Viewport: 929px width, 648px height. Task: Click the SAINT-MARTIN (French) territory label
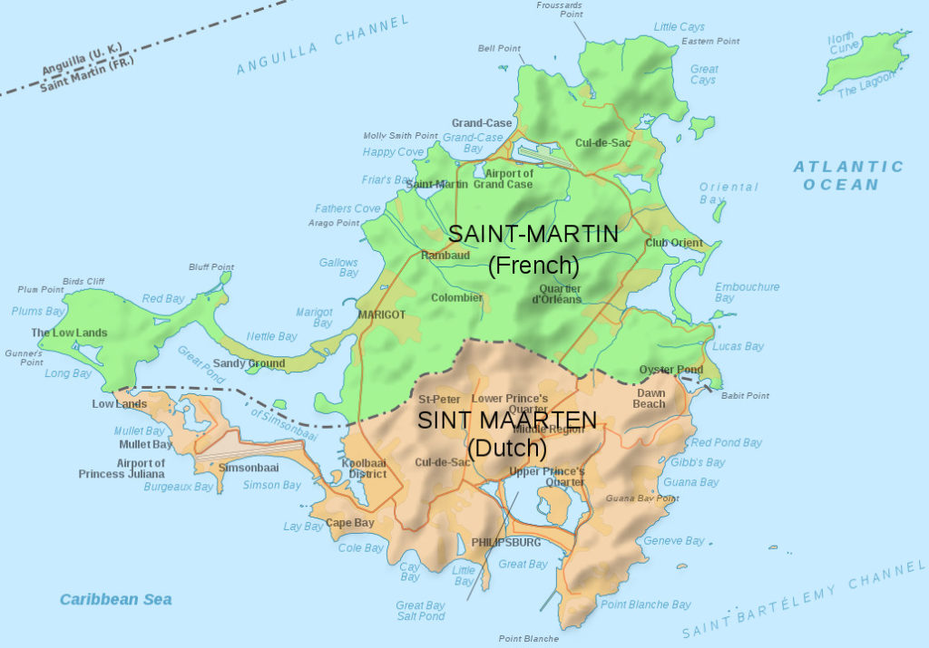(x=533, y=249)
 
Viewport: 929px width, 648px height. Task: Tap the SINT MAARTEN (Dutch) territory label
(x=506, y=433)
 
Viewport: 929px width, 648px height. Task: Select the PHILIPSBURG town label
(x=505, y=542)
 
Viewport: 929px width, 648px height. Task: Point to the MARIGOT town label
(x=381, y=314)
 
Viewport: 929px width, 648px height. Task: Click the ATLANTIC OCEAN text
(x=848, y=175)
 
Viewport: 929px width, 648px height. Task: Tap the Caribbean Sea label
(x=115, y=599)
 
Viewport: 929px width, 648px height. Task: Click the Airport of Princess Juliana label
(x=122, y=469)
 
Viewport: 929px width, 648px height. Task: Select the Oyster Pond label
(x=670, y=370)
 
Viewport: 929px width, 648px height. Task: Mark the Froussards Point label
(x=559, y=10)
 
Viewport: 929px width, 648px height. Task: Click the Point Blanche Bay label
(x=646, y=604)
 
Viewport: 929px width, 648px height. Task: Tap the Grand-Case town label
(x=482, y=123)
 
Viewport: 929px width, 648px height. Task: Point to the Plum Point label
(x=41, y=289)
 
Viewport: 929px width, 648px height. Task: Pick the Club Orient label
(x=674, y=243)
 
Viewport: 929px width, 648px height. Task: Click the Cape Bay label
(x=350, y=523)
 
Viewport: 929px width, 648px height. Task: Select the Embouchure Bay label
(x=746, y=292)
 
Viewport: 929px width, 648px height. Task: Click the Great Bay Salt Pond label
(x=420, y=611)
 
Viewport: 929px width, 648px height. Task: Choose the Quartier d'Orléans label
(x=556, y=294)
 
